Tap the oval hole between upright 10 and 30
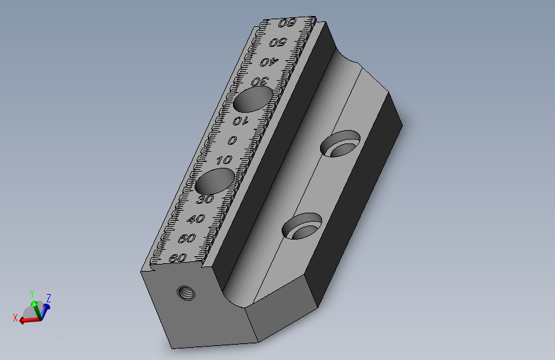(x=214, y=182)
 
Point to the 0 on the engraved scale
(x=232, y=141)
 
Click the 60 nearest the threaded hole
(x=179, y=258)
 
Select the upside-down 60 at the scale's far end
(x=287, y=23)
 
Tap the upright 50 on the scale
(x=187, y=239)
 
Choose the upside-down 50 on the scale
(x=277, y=43)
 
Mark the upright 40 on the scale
(x=196, y=220)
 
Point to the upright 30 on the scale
(x=205, y=200)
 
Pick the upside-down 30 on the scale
(x=259, y=81)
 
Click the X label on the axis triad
(x=15, y=317)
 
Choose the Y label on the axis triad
(x=33, y=294)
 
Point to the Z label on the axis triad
(x=49, y=298)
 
